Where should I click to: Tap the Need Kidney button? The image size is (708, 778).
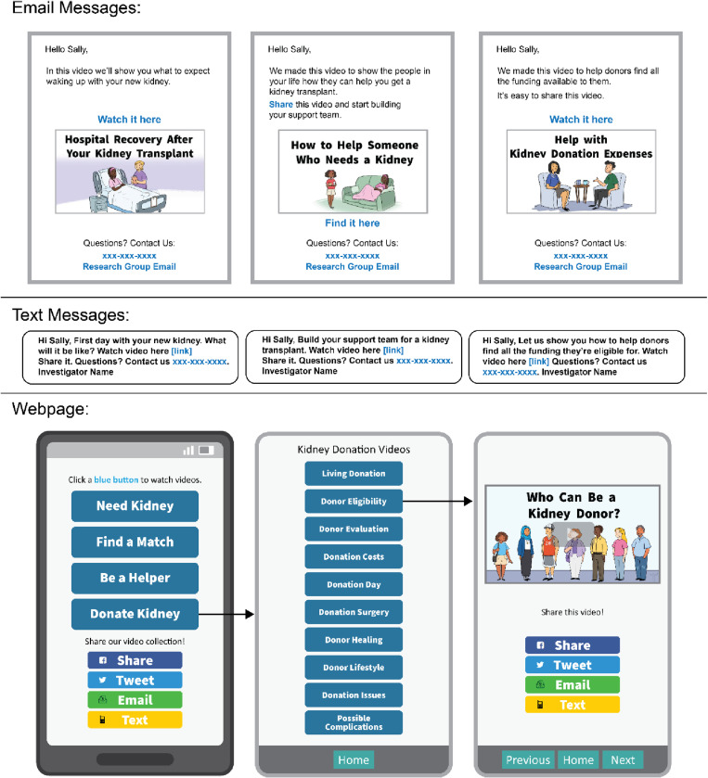[x=135, y=506]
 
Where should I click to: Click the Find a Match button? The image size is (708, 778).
[x=135, y=542]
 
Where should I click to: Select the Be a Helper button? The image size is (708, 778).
[x=135, y=578]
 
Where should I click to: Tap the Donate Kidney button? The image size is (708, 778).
[x=135, y=614]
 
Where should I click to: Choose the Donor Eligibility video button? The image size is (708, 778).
[x=354, y=501]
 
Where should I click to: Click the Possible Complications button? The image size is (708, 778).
[x=354, y=722]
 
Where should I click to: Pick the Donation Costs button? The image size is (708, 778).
[x=354, y=556]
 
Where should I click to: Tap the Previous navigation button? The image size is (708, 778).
[x=528, y=759]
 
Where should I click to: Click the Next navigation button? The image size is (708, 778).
[x=623, y=759]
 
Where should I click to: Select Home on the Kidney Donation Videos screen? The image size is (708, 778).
[x=354, y=759]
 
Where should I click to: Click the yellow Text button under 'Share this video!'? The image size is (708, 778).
[x=573, y=705]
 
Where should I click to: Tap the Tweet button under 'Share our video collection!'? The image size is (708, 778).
[x=135, y=681]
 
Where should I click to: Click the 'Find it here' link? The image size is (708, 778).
[x=352, y=223]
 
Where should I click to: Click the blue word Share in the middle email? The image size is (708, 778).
[x=281, y=104]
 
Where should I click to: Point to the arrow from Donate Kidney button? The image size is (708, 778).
[x=225, y=614]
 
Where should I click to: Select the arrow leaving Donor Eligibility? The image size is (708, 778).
[x=437, y=501]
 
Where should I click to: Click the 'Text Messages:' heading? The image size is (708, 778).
[x=71, y=315]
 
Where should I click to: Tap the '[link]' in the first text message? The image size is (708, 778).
[x=181, y=351]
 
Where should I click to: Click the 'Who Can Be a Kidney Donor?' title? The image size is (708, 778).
[x=573, y=505]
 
